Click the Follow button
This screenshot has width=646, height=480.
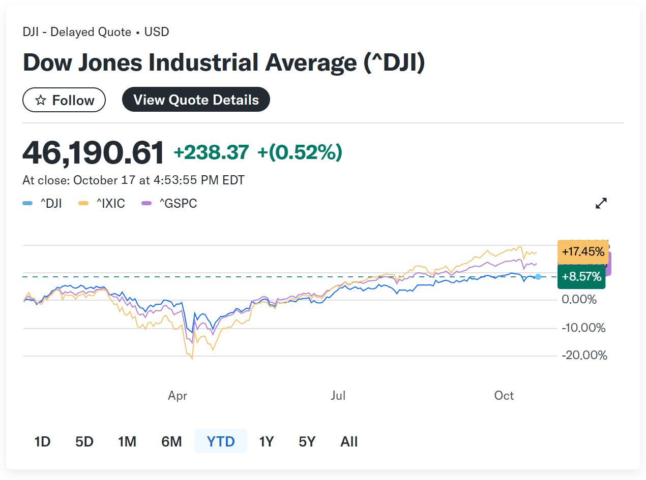(x=64, y=100)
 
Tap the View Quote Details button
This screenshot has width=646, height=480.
(x=196, y=100)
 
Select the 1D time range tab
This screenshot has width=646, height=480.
(x=42, y=441)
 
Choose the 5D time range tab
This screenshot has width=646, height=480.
(x=84, y=441)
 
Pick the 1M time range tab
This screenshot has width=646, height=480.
(x=127, y=441)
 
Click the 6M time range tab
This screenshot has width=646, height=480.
(x=171, y=441)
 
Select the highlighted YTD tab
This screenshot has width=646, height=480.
(x=221, y=441)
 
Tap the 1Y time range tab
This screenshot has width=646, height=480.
(x=266, y=441)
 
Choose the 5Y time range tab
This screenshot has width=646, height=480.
(x=307, y=441)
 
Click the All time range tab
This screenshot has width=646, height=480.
(x=349, y=441)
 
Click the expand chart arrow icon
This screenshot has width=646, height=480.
(x=601, y=203)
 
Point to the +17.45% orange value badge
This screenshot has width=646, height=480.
(x=583, y=251)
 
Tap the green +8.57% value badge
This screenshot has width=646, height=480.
(x=581, y=277)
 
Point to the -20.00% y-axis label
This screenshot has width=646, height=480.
(x=584, y=356)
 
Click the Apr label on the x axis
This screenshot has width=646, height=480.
(x=178, y=396)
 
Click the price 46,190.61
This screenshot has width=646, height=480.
(x=93, y=152)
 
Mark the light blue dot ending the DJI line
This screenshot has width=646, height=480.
(x=538, y=277)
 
